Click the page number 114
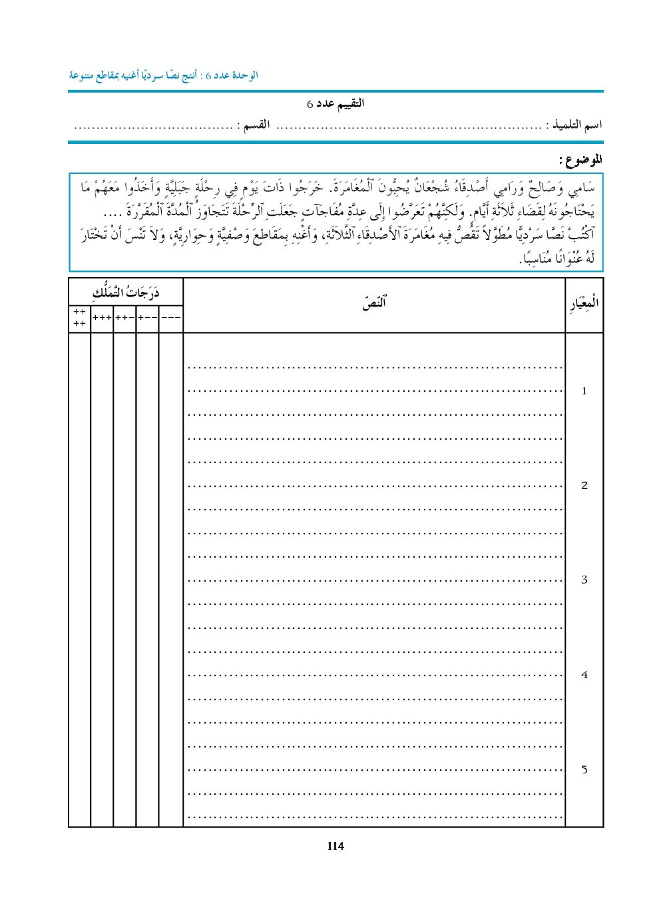click(335, 846)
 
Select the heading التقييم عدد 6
click(335, 104)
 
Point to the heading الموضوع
click(580, 160)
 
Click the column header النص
click(374, 304)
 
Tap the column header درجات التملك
click(126, 292)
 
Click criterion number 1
click(584, 391)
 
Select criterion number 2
click(584, 486)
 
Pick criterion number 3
click(584, 580)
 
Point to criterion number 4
click(584, 675)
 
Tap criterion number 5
click(584, 769)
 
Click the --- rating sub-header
click(171, 318)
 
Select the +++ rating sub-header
click(102, 318)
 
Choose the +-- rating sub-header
click(148, 318)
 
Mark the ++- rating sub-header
click(124, 318)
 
